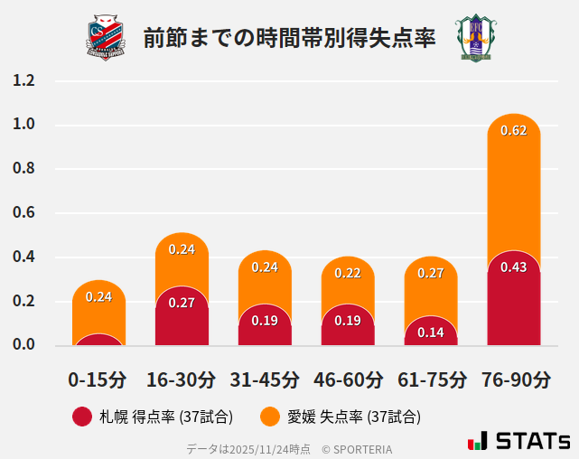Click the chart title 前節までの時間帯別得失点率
(289, 38)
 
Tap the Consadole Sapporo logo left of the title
(107, 37)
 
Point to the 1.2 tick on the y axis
(23, 80)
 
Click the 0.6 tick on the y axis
(23, 213)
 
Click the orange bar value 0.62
(513, 130)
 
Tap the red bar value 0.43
(513, 267)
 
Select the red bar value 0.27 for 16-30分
(182, 303)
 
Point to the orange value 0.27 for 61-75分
(431, 273)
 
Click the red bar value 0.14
(431, 332)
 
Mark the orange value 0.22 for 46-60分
(348, 273)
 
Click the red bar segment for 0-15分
(98, 341)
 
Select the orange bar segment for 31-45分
(265, 285)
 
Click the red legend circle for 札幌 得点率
(82, 417)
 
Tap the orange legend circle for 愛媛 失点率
(269, 417)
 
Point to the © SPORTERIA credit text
(357, 448)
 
